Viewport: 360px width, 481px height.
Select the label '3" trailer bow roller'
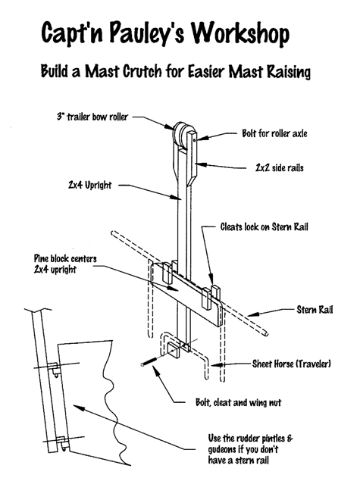[x=92, y=117]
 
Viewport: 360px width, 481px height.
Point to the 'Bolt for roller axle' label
[x=274, y=133]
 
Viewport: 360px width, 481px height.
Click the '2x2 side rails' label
[x=280, y=168]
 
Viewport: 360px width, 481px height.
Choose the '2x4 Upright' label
[x=89, y=185]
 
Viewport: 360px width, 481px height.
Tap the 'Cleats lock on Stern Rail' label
[x=265, y=227]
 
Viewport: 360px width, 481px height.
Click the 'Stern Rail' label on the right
[x=315, y=310]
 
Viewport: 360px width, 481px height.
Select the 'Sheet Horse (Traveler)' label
[x=292, y=364]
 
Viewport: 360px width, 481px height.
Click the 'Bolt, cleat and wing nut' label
[x=238, y=402]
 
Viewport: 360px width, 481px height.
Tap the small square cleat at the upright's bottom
[x=174, y=350]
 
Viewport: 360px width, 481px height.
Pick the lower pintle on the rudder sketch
[x=61, y=443]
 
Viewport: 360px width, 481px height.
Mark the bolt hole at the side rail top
[x=195, y=140]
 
